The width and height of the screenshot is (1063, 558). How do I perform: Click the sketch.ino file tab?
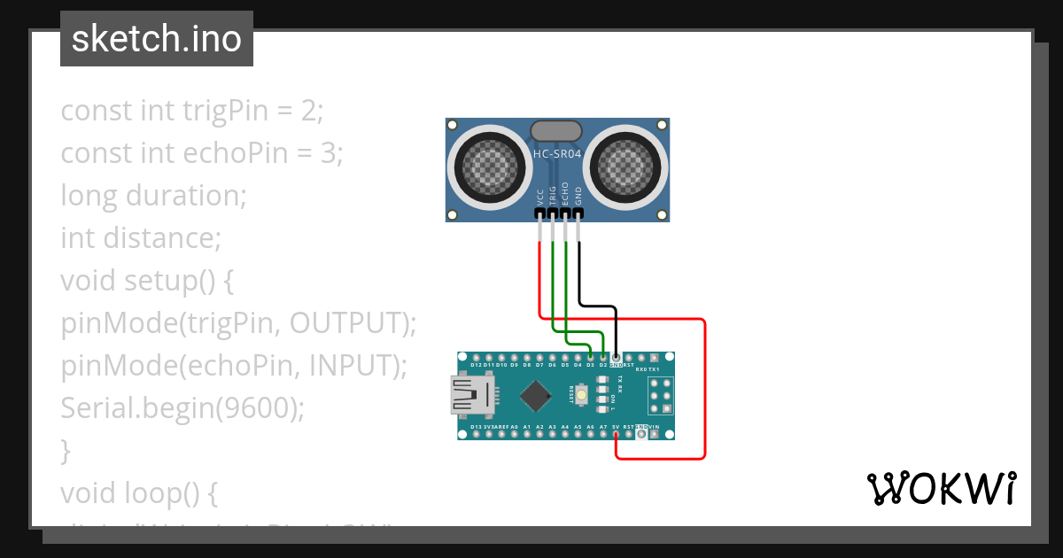pyautogui.click(x=157, y=39)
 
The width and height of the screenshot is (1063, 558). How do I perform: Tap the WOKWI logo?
pyautogui.click(x=941, y=489)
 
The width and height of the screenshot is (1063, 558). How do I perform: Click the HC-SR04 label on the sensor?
pyautogui.click(x=557, y=153)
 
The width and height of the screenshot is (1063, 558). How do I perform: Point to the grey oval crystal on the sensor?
pyautogui.click(x=557, y=131)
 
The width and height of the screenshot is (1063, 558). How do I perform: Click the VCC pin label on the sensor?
pyautogui.click(x=540, y=197)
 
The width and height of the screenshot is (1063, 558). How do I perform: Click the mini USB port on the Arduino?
pyautogui.click(x=472, y=395)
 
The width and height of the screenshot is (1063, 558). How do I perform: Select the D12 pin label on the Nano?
pyautogui.click(x=477, y=365)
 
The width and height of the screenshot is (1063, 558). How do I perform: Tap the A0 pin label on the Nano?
pyautogui.click(x=514, y=427)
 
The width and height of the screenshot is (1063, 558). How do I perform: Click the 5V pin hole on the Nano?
pyautogui.click(x=616, y=435)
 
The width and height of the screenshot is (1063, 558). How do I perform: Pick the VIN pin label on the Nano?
pyautogui.click(x=654, y=427)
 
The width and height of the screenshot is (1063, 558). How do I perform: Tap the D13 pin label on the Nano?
pyautogui.click(x=477, y=427)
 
